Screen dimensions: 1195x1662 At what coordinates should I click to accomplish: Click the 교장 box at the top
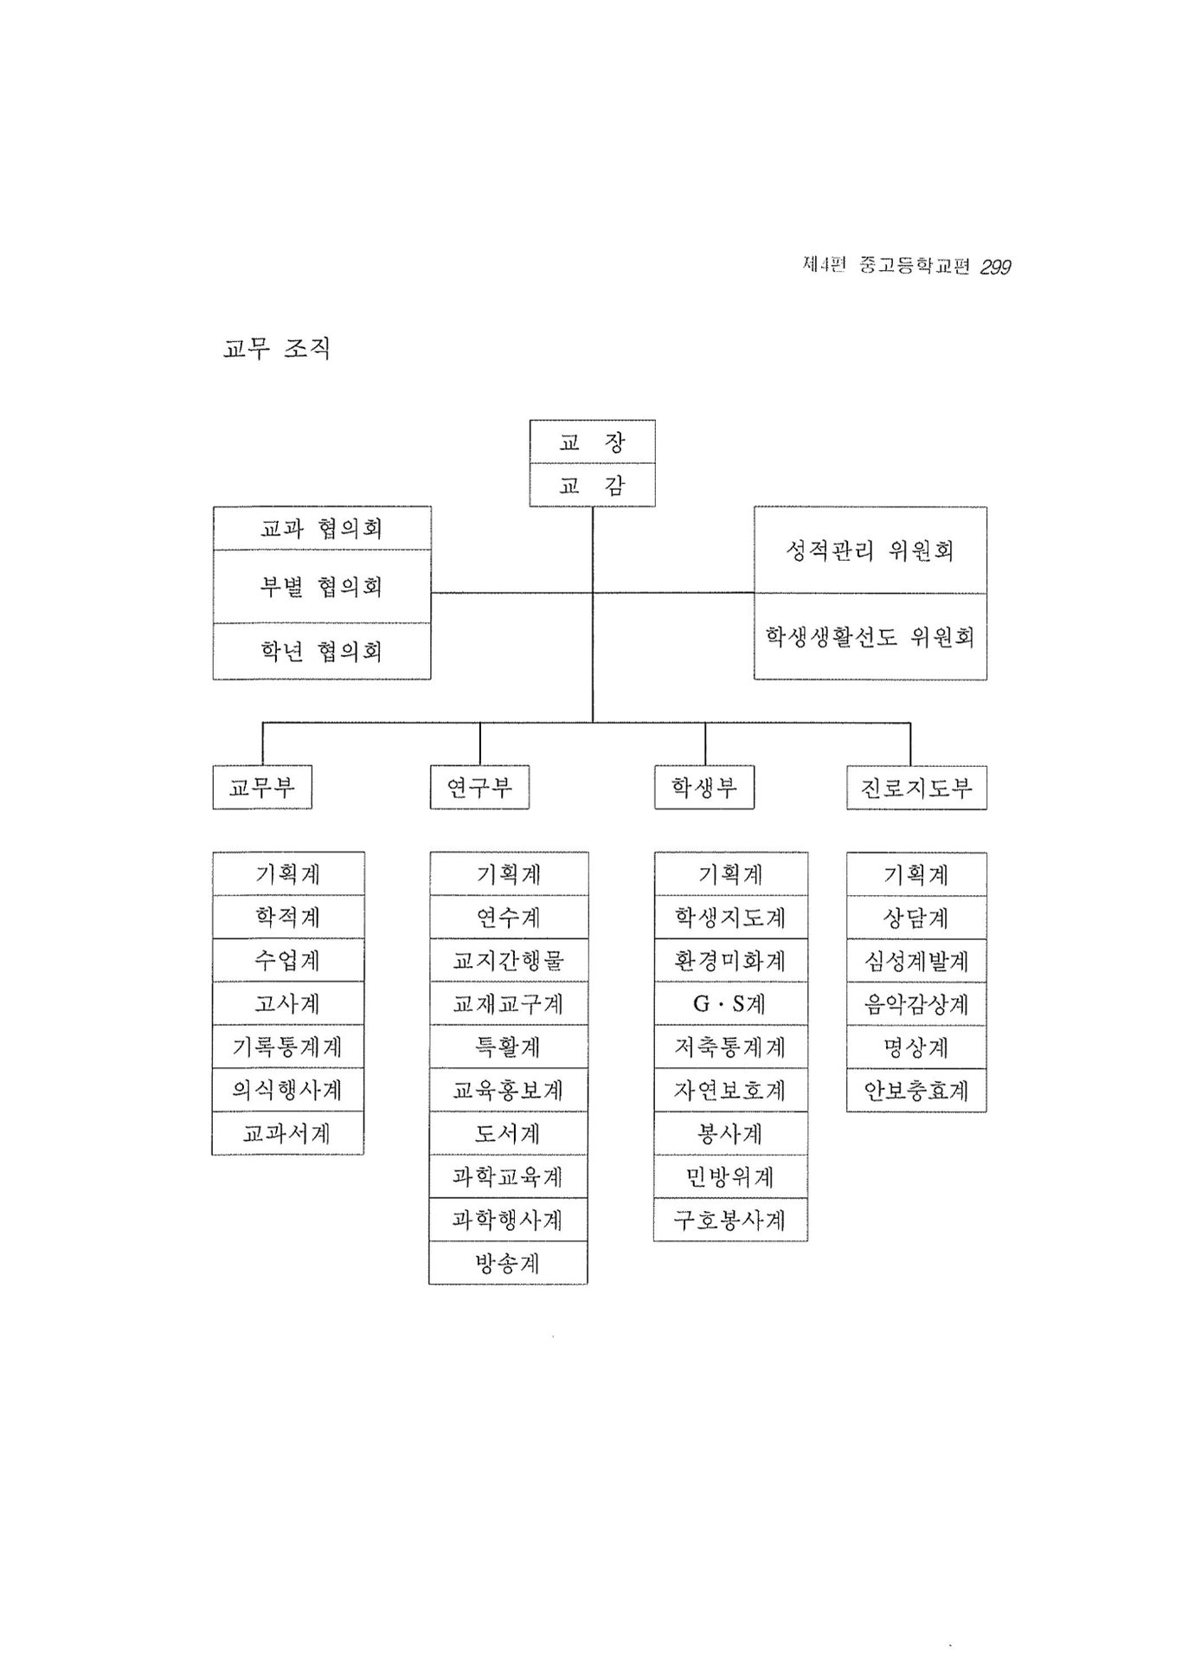[592, 441]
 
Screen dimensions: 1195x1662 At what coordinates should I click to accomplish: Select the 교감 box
[592, 485]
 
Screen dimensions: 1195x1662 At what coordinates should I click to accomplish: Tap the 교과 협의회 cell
[322, 528]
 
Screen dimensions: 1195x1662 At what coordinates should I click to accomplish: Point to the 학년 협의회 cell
[322, 651]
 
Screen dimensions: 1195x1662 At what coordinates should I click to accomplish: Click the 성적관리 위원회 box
[870, 550]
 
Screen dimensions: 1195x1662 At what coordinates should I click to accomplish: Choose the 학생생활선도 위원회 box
[870, 636]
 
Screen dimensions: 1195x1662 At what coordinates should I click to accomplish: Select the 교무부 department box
[262, 787]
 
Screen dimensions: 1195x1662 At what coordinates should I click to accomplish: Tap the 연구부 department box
[479, 787]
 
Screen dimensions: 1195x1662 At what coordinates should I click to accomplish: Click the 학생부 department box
[704, 787]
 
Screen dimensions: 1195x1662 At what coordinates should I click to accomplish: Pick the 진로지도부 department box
[916, 787]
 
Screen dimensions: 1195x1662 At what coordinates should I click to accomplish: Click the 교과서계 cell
[288, 1133]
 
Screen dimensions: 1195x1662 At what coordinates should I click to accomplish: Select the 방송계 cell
[508, 1263]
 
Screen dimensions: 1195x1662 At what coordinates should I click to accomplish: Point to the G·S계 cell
[730, 1003]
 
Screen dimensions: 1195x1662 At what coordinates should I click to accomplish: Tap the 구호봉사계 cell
[730, 1220]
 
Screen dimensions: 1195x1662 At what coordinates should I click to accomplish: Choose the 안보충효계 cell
[916, 1090]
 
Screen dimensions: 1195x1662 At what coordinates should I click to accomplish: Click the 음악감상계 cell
[916, 1003]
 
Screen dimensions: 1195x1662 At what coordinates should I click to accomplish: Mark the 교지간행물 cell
[508, 960]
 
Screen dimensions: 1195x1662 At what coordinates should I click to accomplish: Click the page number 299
[995, 267]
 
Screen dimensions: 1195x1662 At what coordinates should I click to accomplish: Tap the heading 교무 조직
[277, 348]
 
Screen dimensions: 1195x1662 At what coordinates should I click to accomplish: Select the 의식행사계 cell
[288, 1090]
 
